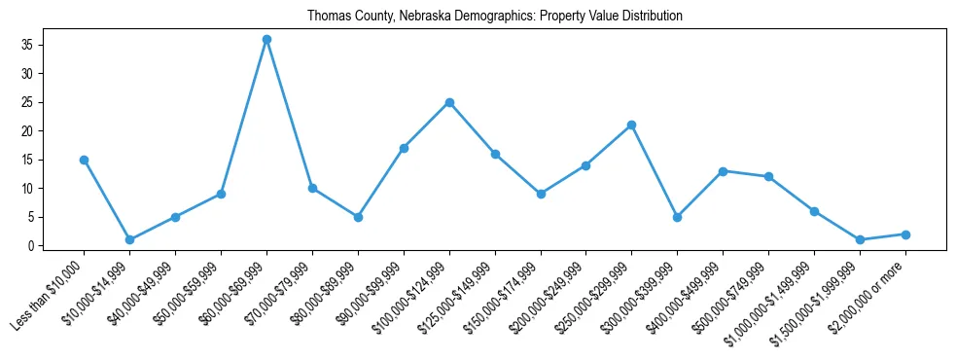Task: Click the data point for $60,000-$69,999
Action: [266, 39]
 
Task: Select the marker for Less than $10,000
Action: [85, 160]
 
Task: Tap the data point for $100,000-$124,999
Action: [449, 102]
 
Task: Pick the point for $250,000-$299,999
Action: [632, 125]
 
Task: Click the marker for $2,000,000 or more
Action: [905, 234]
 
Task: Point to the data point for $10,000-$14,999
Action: [129, 239]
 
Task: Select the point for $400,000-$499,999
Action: [724, 171]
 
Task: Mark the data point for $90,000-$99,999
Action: [404, 148]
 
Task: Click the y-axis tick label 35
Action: [27, 45]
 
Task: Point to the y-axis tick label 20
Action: [27, 131]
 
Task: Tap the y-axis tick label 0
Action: [30, 246]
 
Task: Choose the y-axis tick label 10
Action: [27, 189]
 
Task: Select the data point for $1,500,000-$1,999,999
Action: [860, 239]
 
